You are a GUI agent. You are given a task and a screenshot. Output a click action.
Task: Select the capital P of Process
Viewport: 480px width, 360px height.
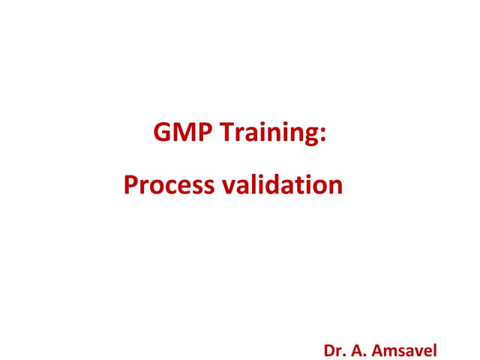tap(130, 184)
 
